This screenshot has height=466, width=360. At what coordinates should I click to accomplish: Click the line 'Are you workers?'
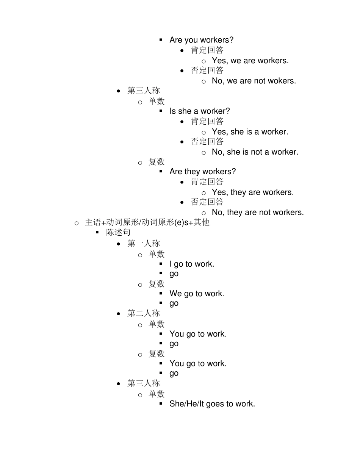[201, 40]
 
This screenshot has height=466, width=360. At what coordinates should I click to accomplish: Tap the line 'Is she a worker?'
[200, 111]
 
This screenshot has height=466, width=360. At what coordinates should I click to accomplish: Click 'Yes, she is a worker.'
[250, 132]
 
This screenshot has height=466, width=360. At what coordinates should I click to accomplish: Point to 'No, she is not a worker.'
[255, 152]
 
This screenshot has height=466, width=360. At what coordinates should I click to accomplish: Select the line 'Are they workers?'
[203, 172]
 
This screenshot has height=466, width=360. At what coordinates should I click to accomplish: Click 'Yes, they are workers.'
[253, 192]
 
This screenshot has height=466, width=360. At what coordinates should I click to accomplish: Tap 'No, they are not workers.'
[258, 212]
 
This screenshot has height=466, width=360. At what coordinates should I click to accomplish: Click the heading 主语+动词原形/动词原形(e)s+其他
[147, 222]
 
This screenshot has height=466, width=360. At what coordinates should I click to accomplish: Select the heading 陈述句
[118, 232]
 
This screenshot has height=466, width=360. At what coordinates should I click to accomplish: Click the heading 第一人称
[144, 243]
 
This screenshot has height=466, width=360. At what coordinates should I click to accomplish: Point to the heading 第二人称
[144, 313]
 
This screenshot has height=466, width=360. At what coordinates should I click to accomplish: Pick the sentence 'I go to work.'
[192, 264]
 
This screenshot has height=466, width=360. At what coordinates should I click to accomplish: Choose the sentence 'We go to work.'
[197, 294]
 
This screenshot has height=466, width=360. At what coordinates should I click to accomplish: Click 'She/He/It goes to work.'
[212, 404]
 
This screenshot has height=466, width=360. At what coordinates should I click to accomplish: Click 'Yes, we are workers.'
[250, 61]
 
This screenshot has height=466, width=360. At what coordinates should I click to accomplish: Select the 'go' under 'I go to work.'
[174, 274]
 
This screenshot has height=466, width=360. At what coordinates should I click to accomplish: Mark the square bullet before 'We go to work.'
[161, 293]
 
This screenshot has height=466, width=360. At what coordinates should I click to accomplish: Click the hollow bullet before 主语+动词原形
[77, 224]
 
